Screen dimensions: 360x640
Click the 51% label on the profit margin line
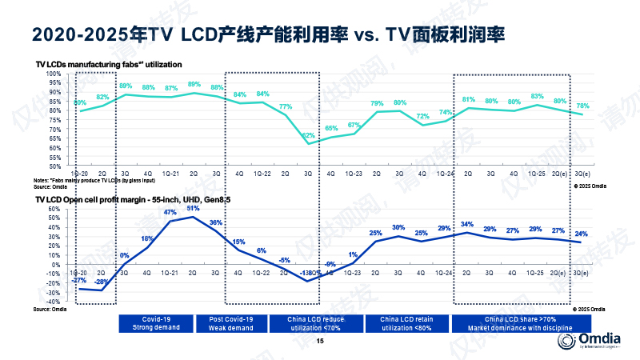pyautogui.click(x=193, y=208)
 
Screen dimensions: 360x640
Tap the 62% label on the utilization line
pyautogui.click(x=308, y=135)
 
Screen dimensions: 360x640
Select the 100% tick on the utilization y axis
pyautogui.click(x=53, y=74)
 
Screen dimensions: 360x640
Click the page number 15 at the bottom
pyautogui.click(x=320, y=342)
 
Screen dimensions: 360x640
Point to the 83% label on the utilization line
pyautogui.click(x=538, y=96)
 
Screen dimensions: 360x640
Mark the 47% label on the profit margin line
pyautogui.click(x=170, y=212)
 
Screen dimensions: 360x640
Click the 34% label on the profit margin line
pyautogui.click(x=468, y=224)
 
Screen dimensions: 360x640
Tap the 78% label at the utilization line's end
pyautogui.click(x=583, y=106)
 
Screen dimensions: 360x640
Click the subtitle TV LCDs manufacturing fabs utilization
pyautogui.click(x=109, y=63)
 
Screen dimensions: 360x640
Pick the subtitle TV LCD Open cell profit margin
pyautogui.click(x=121, y=198)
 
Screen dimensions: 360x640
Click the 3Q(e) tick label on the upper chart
pyautogui.click(x=583, y=173)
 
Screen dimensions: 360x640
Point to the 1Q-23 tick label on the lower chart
pyautogui.click(x=354, y=273)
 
